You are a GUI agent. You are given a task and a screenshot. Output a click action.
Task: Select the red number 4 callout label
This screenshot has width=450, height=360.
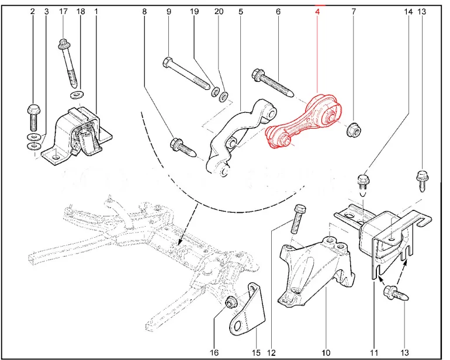click(317, 11)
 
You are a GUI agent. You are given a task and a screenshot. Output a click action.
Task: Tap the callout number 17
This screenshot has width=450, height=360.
click(64, 11)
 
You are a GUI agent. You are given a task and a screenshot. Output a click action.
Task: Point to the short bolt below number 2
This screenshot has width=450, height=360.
click(32, 116)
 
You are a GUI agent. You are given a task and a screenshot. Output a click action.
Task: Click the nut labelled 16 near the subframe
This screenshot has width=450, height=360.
click(231, 303)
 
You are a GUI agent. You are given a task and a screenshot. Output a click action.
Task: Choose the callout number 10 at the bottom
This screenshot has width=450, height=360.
click(326, 352)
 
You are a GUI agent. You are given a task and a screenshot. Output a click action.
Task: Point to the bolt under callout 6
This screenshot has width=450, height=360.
click(275, 82)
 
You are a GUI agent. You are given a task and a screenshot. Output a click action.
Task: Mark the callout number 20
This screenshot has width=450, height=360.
click(219, 11)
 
